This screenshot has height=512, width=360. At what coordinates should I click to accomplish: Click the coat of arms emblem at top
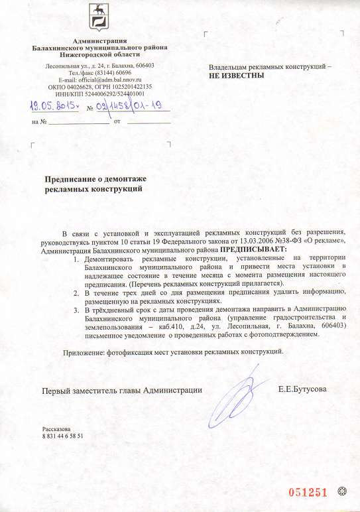(99, 21)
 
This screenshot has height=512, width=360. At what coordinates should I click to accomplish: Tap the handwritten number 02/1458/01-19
(129, 105)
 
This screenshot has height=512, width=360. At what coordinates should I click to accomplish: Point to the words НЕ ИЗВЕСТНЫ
(238, 76)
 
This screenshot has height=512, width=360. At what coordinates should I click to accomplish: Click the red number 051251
(307, 491)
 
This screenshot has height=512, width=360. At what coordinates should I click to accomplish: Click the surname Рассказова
(57, 429)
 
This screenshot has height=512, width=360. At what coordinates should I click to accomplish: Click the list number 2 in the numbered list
(76, 292)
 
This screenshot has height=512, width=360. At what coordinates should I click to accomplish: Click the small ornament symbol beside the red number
(342, 491)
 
